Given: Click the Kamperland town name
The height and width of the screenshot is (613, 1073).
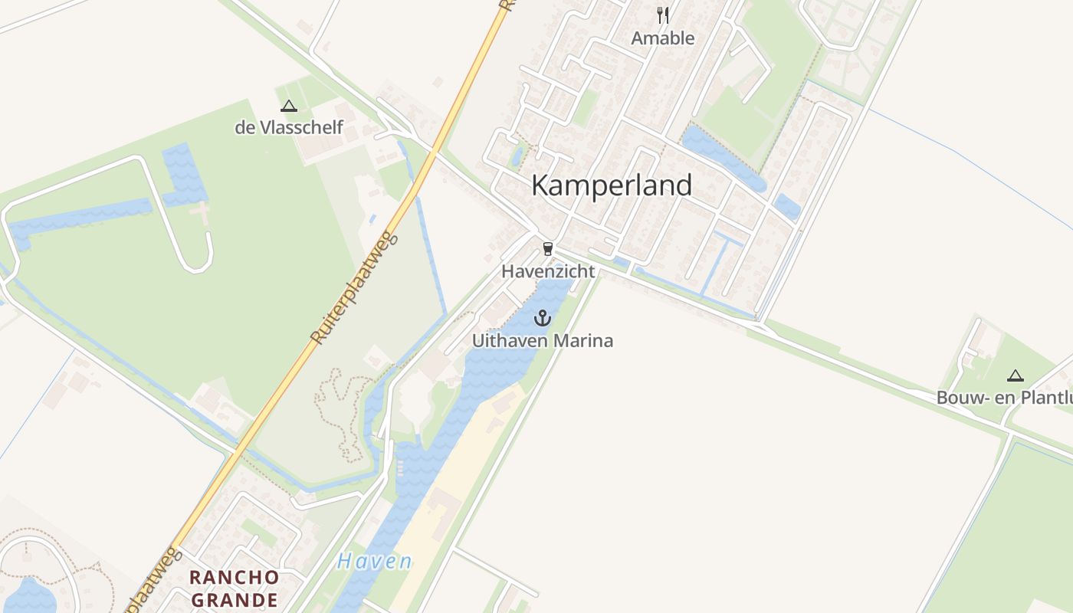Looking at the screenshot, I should click(612, 185).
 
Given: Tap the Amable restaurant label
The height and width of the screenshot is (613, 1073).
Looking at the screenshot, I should click(663, 38).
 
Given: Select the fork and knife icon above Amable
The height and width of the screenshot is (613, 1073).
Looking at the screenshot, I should click(663, 15).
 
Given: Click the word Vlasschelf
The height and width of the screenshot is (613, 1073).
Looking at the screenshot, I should click(300, 127).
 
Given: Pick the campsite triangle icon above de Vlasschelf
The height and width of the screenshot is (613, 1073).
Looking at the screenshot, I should click(288, 107).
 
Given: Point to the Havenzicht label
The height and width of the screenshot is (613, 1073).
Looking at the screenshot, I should click(548, 271).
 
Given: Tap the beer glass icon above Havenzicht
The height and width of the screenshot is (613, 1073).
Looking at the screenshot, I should click(547, 248).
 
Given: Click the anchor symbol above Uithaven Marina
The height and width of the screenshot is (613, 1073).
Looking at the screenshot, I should click(543, 317).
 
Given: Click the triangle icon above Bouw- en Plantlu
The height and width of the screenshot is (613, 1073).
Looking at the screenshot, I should click(1016, 375).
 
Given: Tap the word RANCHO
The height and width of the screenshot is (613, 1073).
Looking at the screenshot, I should click(235, 577).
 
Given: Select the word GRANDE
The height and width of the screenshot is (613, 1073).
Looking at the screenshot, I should click(235, 598).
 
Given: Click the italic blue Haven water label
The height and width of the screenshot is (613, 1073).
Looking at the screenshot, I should click(374, 562).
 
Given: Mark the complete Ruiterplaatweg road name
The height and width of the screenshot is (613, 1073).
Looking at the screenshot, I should click(356, 290).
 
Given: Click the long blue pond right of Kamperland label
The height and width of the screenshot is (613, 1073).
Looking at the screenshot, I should click(720, 158).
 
